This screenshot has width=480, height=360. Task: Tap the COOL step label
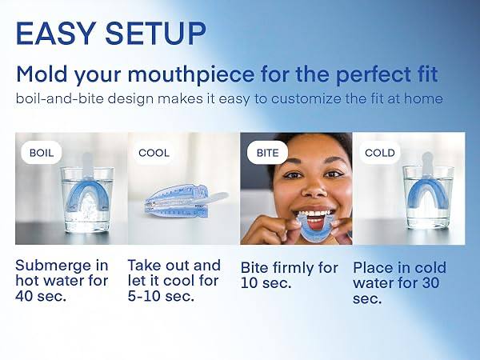coord(154,152)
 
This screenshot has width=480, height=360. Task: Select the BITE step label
coord(266,152)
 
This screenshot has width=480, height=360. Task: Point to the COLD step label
coord(379,152)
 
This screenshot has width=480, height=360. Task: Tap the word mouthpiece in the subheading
coord(193,75)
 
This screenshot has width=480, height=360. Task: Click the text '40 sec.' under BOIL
coord(41,295)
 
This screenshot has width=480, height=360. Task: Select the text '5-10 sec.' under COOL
coord(160,295)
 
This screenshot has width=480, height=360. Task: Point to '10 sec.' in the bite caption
coord(266,283)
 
